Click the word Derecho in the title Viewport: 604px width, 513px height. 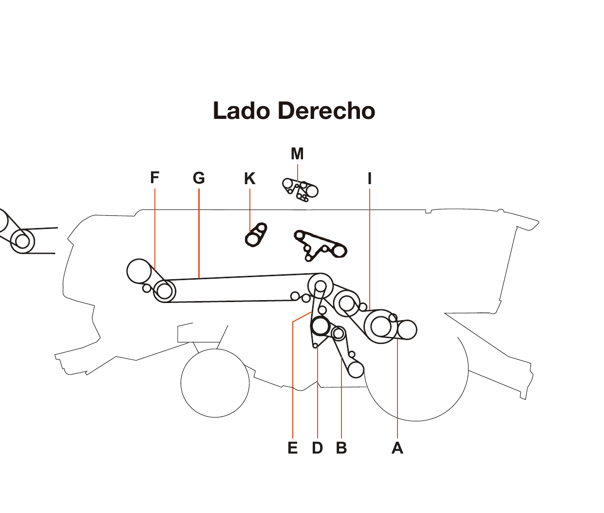pyautogui.click(x=327, y=111)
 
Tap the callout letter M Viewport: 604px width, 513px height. pyautogui.click(x=297, y=154)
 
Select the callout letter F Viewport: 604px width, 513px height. pyautogui.click(x=155, y=178)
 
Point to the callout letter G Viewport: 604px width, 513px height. pyautogui.click(x=199, y=178)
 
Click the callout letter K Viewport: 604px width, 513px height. pyautogui.click(x=249, y=179)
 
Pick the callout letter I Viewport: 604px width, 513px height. pyautogui.click(x=370, y=179)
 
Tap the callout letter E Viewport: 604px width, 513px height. pyautogui.click(x=292, y=448)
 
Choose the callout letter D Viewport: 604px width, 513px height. pyautogui.click(x=317, y=448)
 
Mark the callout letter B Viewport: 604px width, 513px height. pyautogui.click(x=341, y=448)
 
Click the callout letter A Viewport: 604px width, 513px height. pyautogui.click(x=397, y=448)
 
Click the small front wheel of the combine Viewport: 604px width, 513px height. pyautogui.click(x=215, y=383)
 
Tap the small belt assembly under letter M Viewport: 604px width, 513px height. pyautogui.click(x=300, y=189)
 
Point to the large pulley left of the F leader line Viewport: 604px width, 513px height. pyautogui.click(x=139, y=271)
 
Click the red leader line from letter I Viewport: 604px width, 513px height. pyautogui.click(x=370, y=244)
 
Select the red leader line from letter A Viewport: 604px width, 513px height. pyautogui.click(x=397, y=390)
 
